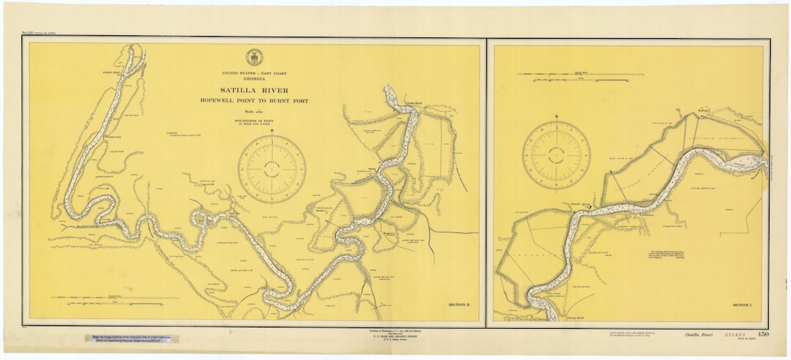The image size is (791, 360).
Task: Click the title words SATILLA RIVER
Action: click(x=255, y=90)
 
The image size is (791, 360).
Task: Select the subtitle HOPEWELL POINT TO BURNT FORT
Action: click(x=255, y=101)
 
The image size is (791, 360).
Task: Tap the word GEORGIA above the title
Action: click(x=255, y=79)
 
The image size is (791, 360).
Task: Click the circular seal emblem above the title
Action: click(x=254, y=58)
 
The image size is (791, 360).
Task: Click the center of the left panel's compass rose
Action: click(x=271, y=169)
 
